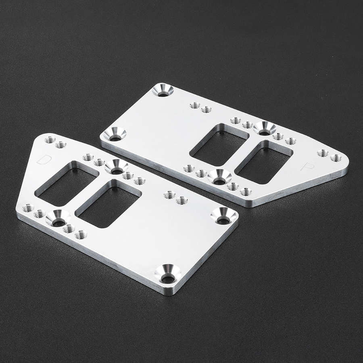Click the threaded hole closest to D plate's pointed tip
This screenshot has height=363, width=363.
click(50, 140)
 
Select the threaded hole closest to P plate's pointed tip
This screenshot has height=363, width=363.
click(336, 158)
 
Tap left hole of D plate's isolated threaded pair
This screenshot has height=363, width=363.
click(169, 195)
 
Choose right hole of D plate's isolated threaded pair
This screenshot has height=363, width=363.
click(182, 200)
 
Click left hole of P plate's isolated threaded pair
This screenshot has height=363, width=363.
click(195, 105)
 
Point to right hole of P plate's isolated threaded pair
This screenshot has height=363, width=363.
click(207, 109)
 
